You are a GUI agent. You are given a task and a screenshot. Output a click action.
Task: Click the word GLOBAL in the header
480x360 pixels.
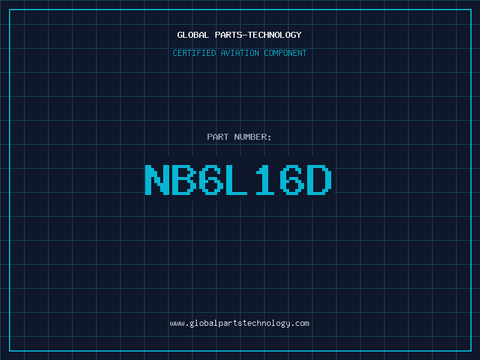193,35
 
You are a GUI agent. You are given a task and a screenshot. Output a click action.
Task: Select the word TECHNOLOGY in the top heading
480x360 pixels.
275,35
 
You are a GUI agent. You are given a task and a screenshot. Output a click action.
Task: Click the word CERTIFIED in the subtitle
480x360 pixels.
194,53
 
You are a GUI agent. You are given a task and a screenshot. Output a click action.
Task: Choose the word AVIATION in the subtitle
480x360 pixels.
240,53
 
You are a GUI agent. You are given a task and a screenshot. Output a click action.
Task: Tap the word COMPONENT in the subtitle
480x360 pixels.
286,53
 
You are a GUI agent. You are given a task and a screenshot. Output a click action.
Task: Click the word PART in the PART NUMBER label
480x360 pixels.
218,137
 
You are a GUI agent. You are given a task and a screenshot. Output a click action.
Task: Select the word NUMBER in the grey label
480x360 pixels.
250,137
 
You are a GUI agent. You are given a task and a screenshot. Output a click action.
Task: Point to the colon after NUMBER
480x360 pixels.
269,138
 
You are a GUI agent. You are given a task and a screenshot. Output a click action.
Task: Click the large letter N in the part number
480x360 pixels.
157,179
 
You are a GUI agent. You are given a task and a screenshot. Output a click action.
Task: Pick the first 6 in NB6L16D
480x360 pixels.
211,179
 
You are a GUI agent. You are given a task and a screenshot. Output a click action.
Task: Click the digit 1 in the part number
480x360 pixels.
265,179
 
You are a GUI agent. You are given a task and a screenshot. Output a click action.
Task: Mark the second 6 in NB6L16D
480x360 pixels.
292,179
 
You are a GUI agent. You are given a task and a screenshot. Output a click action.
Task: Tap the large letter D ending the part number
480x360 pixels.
319,179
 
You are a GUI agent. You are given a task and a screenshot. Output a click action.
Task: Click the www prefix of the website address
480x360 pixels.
177,323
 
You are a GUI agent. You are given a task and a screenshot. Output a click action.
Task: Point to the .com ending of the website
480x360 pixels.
300,323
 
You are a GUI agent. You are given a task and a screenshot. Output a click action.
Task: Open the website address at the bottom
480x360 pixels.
239,323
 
